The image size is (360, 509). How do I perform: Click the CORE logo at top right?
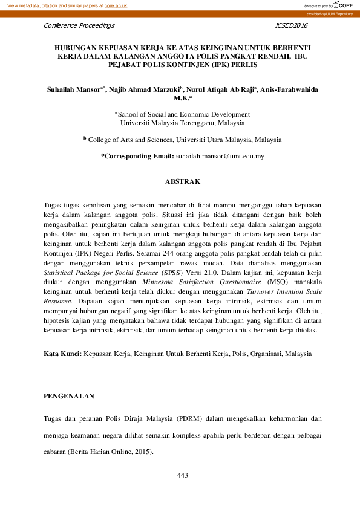[342, 5]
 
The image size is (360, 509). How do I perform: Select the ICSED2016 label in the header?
[291, 26]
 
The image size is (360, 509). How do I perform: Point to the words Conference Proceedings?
[79, 26]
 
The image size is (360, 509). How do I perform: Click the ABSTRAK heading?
[180, 181]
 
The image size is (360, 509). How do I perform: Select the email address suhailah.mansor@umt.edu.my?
[220, 156]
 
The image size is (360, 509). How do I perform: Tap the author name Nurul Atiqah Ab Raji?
[223, 89]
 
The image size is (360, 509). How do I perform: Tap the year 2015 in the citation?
[142, 451]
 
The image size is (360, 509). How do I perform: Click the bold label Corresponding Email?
[137, 156]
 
